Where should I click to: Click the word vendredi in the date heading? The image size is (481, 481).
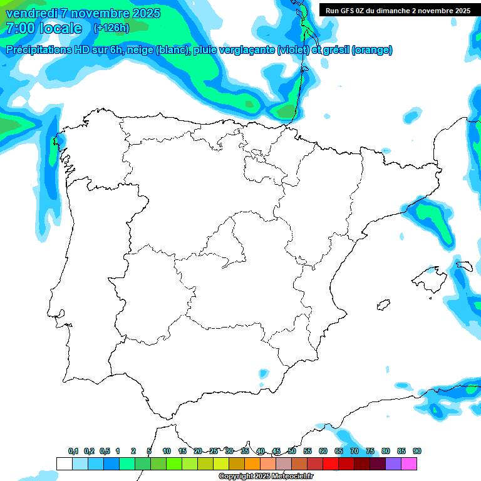(x=31, y=13)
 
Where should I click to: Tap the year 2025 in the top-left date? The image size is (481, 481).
(x=144, y=13)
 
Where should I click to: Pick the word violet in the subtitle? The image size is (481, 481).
(x=298, y=50)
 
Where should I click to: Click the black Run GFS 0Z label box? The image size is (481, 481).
(x=395, y=11)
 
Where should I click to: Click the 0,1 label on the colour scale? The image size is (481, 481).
(x=73, y=451)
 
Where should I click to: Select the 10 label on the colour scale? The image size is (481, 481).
(x=167, y=451)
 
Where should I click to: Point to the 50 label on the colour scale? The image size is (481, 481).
(x=292, y=451)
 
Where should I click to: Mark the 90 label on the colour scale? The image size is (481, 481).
(x=417, y=451)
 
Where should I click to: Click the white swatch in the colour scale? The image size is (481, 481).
(x=64, y=463)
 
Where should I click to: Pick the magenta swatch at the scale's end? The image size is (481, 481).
(x=409, y=463)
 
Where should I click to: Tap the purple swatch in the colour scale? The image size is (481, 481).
(x=393, y=463)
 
